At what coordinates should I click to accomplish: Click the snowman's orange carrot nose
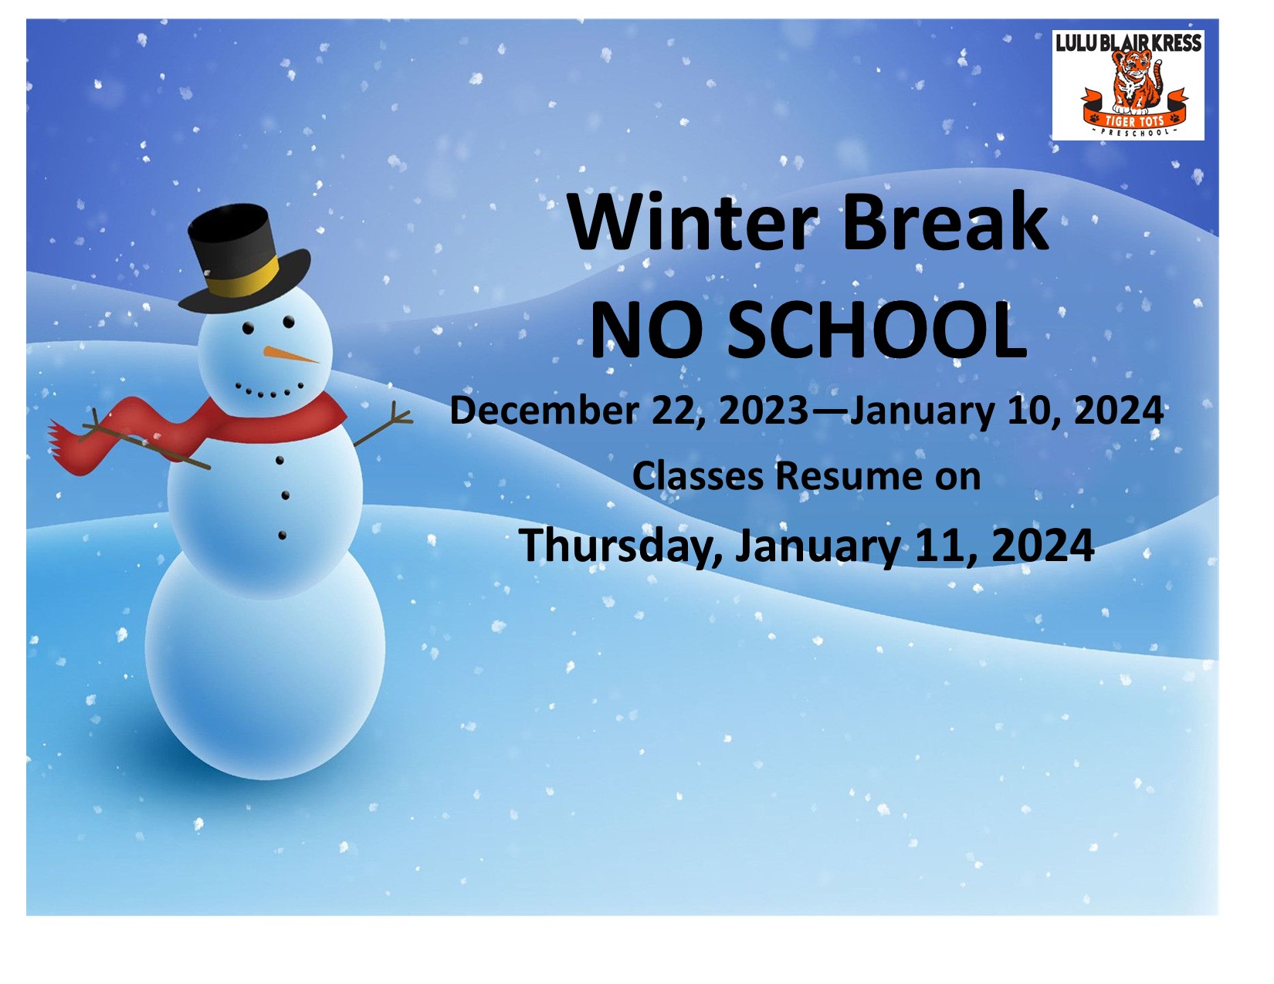click(290, 354)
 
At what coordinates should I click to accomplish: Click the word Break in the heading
click(944, 221)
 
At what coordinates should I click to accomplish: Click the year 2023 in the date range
click(764, 411)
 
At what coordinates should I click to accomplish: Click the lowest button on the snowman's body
click(282, 535)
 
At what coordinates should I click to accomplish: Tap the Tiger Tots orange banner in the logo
click(1134, 114)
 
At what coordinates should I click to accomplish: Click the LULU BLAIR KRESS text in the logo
click(1128, 42)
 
